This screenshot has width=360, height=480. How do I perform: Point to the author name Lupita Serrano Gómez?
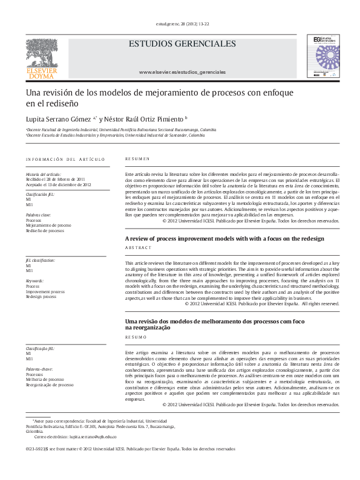59,118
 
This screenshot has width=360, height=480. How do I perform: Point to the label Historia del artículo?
44,174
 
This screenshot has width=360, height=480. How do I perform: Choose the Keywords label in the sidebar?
34,281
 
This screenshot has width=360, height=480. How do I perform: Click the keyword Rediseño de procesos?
45,230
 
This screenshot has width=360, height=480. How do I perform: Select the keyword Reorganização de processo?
50,384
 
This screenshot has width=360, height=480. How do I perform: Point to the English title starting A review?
224,239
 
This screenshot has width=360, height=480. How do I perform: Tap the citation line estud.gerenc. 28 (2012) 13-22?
182,24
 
